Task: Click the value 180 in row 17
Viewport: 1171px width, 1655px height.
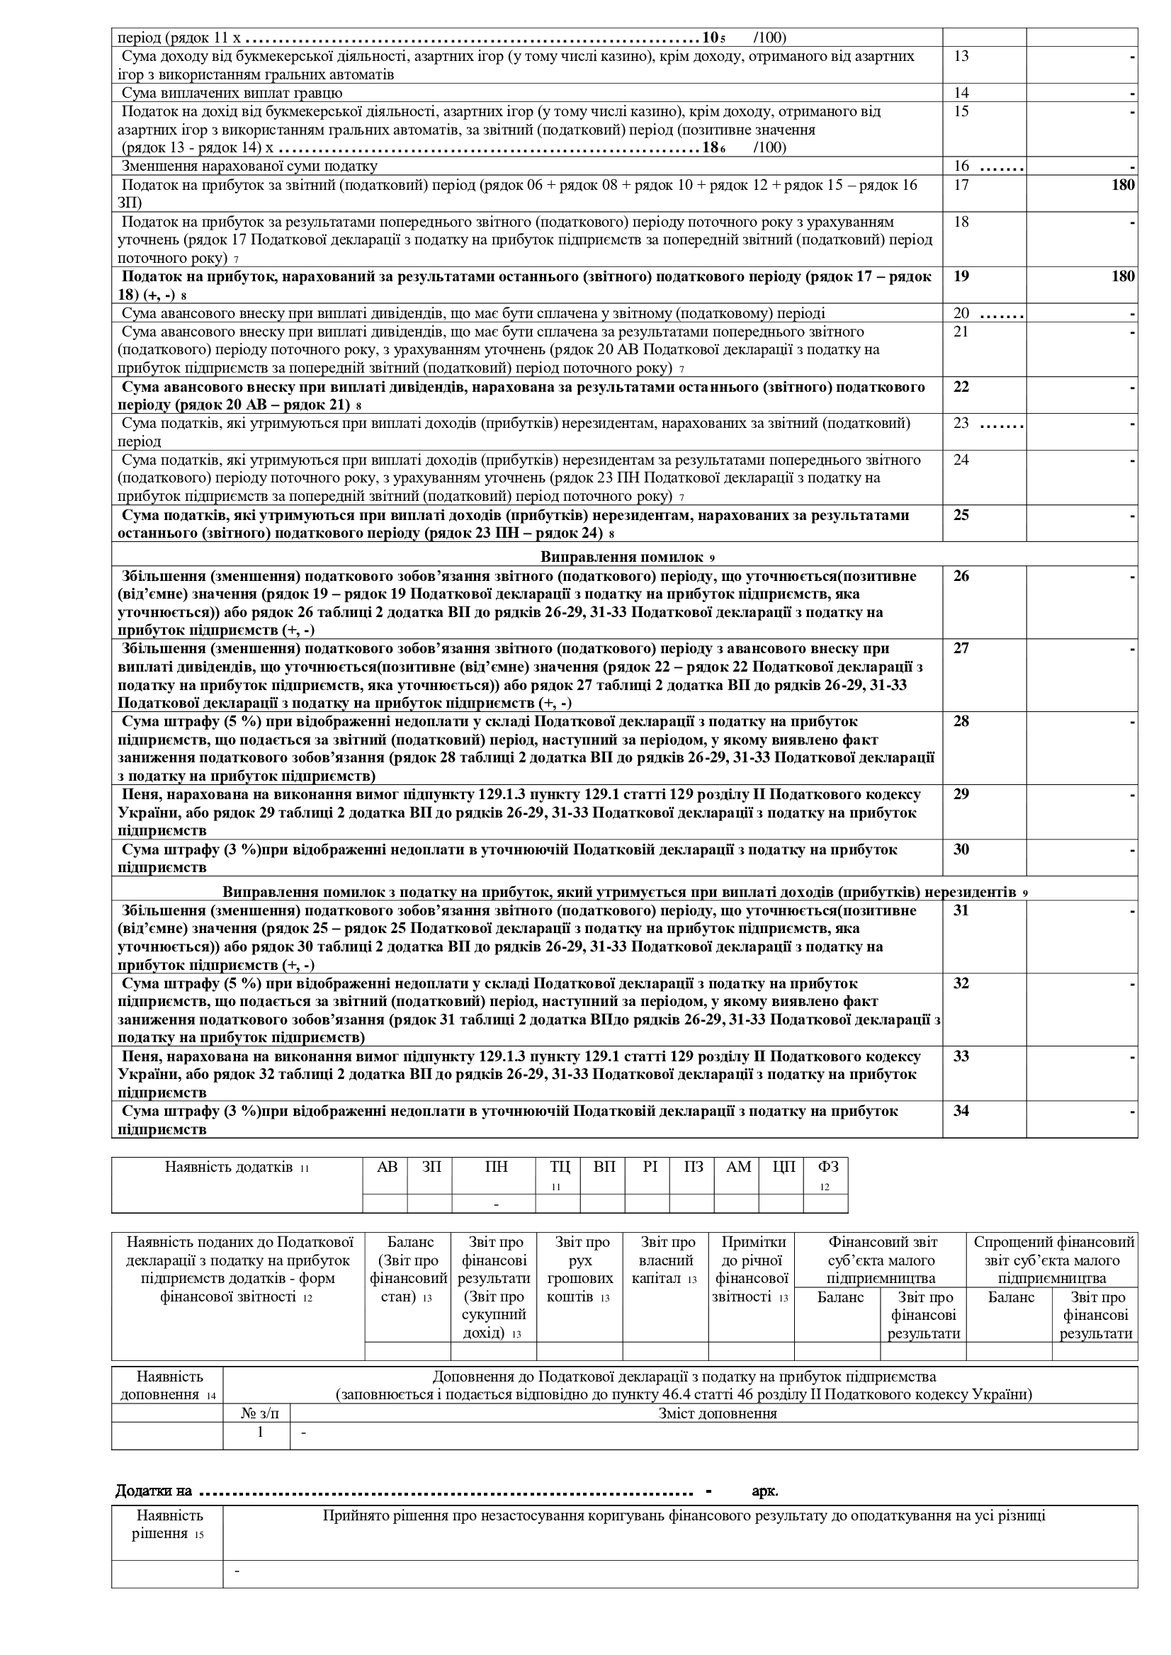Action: coord(1123,186)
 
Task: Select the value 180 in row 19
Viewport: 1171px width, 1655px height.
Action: coord(1123,276)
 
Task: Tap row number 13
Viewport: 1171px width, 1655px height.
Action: coord(961,56)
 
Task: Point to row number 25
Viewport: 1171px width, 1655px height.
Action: coord(961,515)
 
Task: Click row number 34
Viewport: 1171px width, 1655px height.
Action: coord(961,1111)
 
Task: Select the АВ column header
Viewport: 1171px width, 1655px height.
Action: coord(387,1167)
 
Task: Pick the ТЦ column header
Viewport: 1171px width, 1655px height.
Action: coord(559,1167)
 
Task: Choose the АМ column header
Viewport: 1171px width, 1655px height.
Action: coord(738,1167)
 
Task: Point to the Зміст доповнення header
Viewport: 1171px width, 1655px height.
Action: coord(718,1413)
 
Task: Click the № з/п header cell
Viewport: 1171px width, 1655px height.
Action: coord(256,1413)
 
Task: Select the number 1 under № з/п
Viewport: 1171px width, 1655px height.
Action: coord(260,1432)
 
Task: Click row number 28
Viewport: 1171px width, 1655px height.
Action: coord(961,721)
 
